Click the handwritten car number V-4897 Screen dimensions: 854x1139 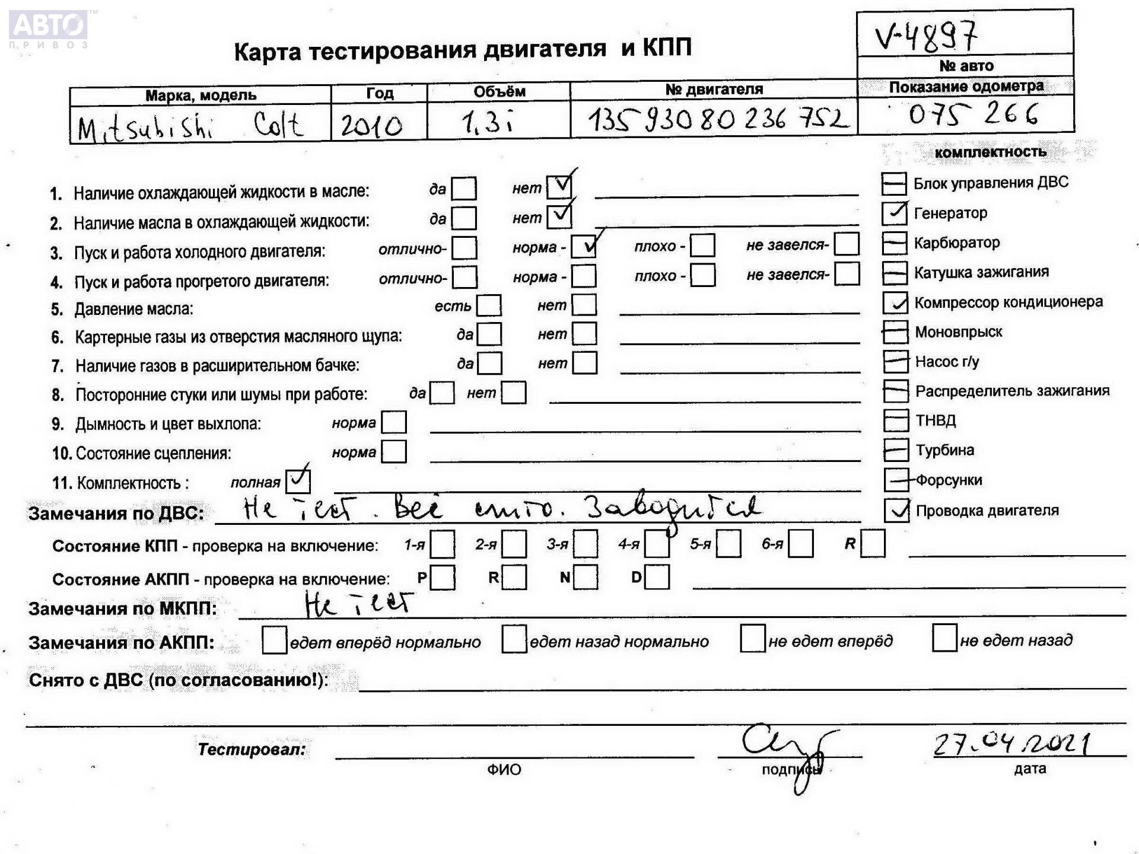[925, 37]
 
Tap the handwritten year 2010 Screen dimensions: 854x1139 [371, 125]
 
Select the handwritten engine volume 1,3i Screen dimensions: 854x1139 [486, 123]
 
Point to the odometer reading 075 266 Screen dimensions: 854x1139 [973, 114]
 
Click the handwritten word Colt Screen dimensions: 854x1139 [278, 125]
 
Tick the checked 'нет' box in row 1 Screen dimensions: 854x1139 [559, 187]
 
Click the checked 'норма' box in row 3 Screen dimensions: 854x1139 [584, 247]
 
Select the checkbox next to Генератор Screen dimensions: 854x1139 [894, 213]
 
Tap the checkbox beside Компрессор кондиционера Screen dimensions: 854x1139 [895, 302]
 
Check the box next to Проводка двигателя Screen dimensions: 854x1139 [896, 510]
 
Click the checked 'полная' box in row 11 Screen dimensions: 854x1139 [298, 481]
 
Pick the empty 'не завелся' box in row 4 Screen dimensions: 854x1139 [847, 274]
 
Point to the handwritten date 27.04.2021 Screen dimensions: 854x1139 [1012, 744]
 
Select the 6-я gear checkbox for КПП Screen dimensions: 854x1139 [800, 544]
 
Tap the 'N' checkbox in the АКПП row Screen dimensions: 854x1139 [586, 577]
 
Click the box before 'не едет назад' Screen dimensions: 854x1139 [944, 638]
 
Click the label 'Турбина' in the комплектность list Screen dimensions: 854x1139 [944, 450]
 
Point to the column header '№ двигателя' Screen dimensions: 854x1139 [714, 90]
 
